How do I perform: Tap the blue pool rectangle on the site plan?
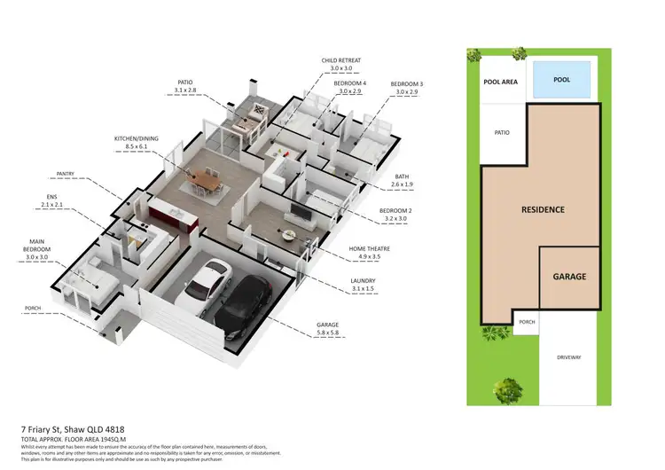click(x=562, y=79)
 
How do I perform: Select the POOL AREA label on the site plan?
click(x=500, y=82)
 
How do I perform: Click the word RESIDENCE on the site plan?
click(x=542, y=210)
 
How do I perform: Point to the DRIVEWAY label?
click(x=569, y=356)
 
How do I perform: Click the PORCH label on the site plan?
click(x=527, y=322)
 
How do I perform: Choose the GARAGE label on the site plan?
click(x=569, y=277)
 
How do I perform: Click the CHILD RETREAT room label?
click(x=341, y=60)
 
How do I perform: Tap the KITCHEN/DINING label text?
click(x=137, y=140)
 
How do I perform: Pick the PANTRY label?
click(x=66, y=174)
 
